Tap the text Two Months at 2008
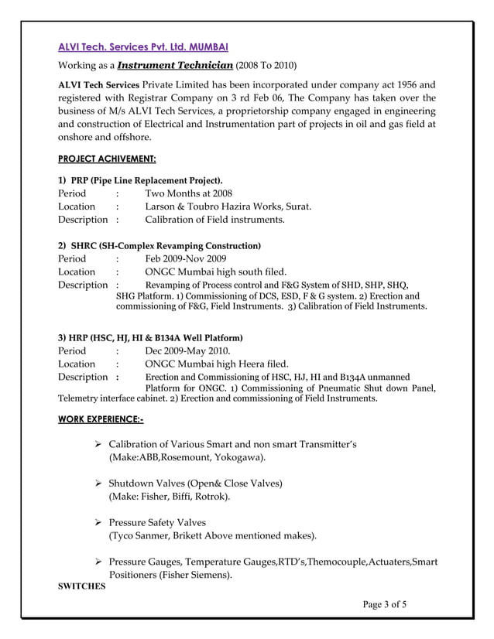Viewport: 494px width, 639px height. (x=188, y=193)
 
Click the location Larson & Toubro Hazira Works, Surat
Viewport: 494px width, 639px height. (x=228, y=207)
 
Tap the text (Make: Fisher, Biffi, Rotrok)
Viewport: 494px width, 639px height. (x=169, y=497)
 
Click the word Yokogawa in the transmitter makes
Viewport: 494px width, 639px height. (x=240, y=457)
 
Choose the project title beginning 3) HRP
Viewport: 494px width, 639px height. (x=151, y=337)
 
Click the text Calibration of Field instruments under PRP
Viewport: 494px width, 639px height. (x=214, y=220)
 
